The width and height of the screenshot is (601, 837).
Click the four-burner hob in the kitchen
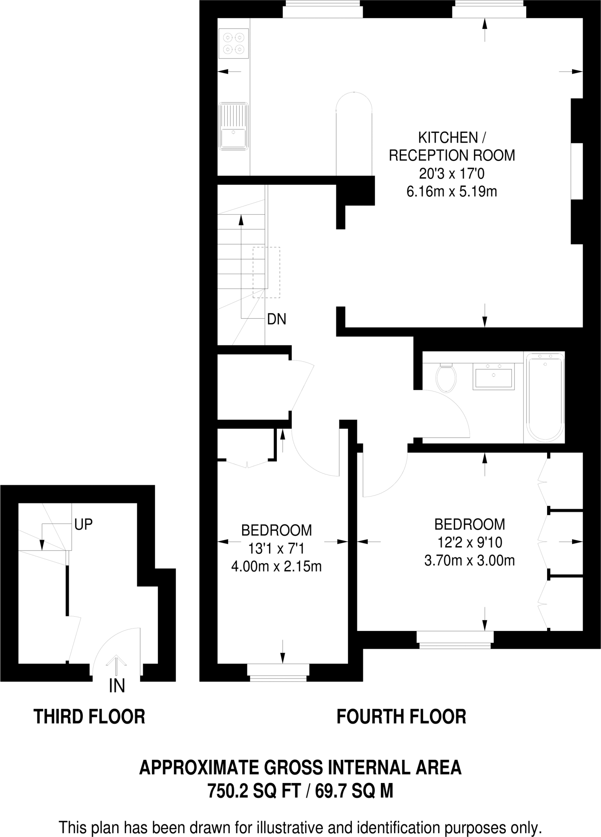click(234, 43)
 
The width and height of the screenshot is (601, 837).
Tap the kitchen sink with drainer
click(234, 126)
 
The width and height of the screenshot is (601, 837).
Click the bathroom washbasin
click(494, 375)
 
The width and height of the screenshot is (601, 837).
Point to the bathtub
click(545, 397)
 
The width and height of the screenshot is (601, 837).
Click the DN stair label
click(276, 319)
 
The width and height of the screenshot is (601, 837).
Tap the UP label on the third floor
click(83, 524)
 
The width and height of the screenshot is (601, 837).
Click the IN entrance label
click(117, 686)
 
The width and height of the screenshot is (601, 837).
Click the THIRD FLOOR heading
click(89, 717)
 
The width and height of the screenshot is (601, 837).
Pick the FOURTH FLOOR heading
click(401, 717)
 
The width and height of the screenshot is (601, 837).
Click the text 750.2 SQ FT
click(254, 791)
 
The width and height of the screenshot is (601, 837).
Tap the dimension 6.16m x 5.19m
click(452, 191)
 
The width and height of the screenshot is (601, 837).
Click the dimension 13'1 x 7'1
click(276, 548)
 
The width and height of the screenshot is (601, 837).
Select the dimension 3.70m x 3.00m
click(470, 560)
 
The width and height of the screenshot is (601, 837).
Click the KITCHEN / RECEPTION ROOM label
click(452, 146)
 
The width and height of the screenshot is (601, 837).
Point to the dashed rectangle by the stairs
click(266, 273)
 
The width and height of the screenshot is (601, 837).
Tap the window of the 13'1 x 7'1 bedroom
click(278, 674)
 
